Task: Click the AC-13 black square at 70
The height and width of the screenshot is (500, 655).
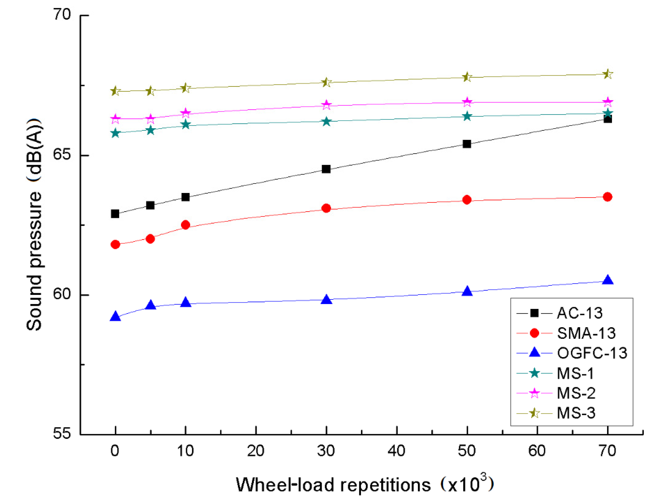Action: (x=607, y=119)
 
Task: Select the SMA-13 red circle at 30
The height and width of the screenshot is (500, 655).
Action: (x=326, y=208)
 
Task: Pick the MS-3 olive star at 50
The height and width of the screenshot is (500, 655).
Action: (x=467, y=77)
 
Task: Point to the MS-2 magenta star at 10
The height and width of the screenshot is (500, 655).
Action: (x=185, y=113)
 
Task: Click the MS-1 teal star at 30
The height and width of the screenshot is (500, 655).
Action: (x=326, y=121)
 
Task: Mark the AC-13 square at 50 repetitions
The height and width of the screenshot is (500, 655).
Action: (x=467, y=144)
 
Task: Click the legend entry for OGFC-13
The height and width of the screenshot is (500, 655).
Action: (x=592, y=353)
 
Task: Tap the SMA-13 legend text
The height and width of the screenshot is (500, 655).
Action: (x=586, y=333)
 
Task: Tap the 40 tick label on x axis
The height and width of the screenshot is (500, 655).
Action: (x=396, y=451)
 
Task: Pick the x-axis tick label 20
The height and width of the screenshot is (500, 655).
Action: (x=255, y=451)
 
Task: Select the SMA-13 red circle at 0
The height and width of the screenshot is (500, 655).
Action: (x=115, y=244)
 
